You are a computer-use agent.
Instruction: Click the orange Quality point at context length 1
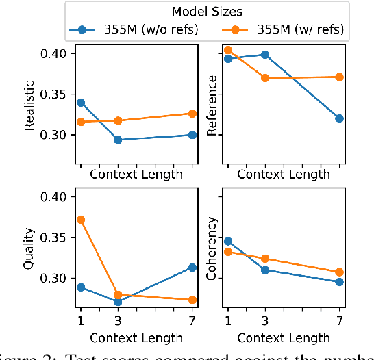(81, 220)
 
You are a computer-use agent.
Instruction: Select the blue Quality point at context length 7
(192, 268)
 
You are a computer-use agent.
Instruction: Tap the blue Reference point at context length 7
(340, 118)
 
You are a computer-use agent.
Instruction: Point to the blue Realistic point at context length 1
(81, 103)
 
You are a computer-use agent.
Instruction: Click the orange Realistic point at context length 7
(192, 114)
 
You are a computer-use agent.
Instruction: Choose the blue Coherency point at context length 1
(228, 241)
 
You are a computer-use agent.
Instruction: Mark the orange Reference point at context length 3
(265, 78)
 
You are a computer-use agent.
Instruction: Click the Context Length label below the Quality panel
(136, 337)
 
